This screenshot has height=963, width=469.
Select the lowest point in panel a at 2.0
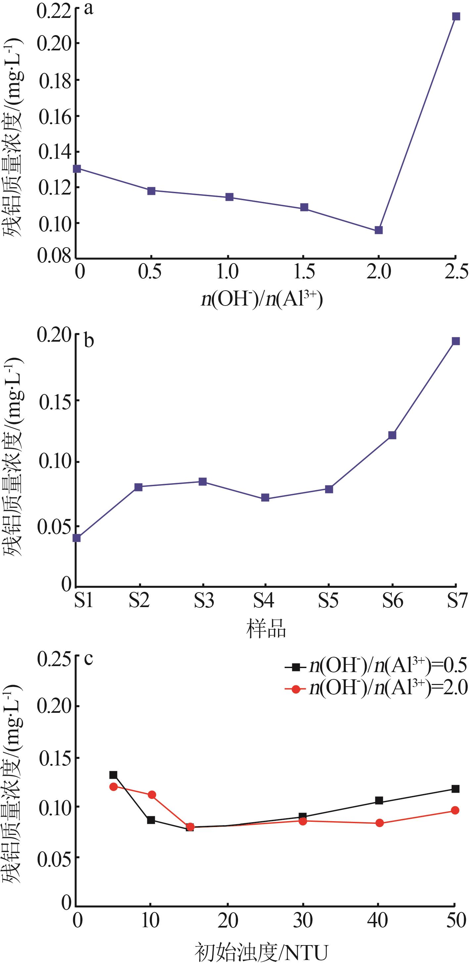(379, 230)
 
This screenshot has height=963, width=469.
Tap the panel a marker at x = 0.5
(151, 191)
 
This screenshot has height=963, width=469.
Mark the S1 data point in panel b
(76, 538)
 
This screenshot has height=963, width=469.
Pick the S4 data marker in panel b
(265, 498)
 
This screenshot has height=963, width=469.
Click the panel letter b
(89, 341)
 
